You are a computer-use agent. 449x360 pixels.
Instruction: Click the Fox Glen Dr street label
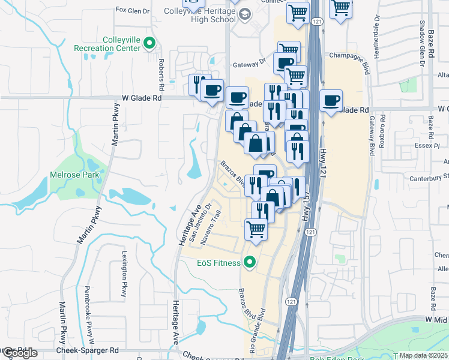131,10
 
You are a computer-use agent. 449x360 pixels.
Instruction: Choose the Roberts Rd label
161,68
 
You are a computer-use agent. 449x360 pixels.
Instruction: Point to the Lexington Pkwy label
125,274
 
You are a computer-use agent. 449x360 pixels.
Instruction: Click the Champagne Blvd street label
351,56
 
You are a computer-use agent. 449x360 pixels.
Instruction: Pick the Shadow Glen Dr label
422,37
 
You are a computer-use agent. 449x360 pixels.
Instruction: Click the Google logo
19,353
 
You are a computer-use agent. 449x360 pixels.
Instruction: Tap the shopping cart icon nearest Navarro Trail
256,229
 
